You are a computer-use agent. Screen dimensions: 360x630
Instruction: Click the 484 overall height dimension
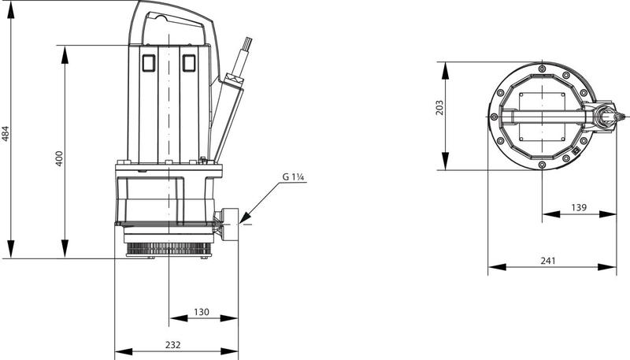(x=6, y=134)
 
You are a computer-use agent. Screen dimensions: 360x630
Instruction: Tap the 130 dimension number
(x=202, y=313)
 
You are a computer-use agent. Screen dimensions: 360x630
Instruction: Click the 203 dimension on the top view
(x=440, y=107)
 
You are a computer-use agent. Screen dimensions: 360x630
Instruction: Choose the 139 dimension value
(x=578, y=207)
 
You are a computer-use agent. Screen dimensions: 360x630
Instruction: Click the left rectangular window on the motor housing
(x=148, y=62)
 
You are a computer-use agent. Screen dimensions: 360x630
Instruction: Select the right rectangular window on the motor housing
(x=189, y=62)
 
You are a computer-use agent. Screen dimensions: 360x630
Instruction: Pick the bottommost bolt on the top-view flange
(x=543, y=164)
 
